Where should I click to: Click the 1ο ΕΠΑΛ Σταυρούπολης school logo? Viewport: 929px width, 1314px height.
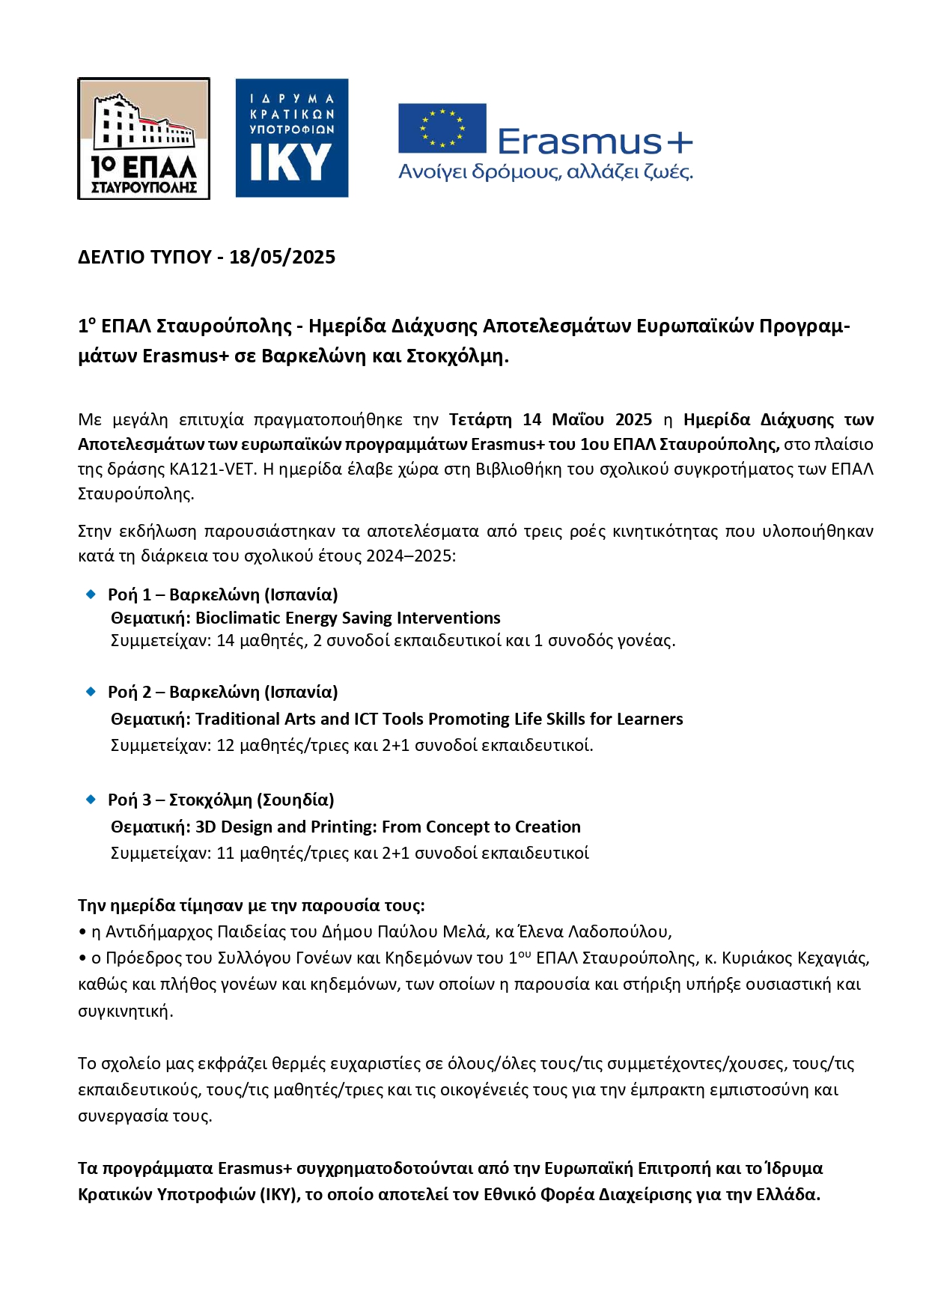[x=144, y=139]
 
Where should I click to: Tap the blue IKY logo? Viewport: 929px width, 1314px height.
[x=292, y=139]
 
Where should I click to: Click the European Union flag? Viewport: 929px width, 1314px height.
[x=442, y=128]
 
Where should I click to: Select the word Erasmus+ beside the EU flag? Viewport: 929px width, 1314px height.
[x=595, y=141]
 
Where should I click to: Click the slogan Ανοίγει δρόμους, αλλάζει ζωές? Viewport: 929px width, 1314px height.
[x=546, y=172]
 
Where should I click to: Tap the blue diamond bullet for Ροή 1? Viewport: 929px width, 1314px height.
[x=91, y=594]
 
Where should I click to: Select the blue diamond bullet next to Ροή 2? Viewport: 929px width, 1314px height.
[x=91, y=691]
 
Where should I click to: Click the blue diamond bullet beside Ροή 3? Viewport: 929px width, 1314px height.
[x=91, y=799]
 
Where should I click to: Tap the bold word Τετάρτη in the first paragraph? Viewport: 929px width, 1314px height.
[x=480, y=419]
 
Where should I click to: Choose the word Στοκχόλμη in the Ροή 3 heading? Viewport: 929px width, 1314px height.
[x=210, y=800]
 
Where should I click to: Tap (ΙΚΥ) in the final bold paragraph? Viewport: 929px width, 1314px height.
[x=280, y=1194]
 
